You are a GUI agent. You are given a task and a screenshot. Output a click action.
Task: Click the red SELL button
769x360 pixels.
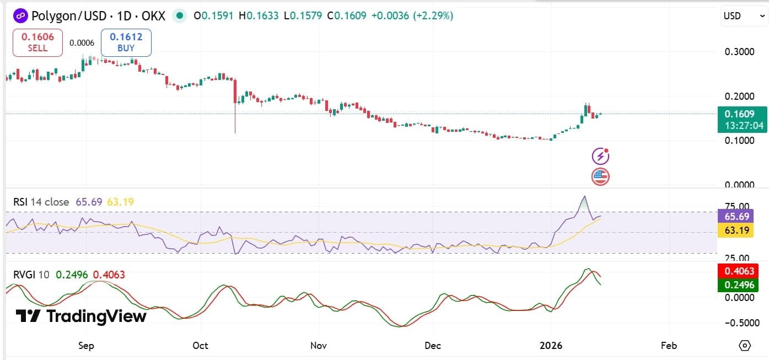pos(34,42)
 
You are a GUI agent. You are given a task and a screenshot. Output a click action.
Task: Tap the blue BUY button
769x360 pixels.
pos(126,42)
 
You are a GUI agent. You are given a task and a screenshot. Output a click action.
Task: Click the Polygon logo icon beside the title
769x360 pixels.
pos(20,15)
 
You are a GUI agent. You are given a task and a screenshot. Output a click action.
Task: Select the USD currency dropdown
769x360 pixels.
pos(743,16)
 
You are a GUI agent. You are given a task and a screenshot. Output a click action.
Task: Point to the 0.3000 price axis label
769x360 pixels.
pos(739,52)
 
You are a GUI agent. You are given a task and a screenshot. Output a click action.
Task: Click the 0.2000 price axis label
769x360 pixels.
pos(739,96)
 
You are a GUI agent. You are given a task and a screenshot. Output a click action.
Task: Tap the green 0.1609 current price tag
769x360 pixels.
pos(743,119)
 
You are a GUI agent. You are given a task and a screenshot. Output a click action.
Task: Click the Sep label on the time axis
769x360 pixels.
pos(87,346)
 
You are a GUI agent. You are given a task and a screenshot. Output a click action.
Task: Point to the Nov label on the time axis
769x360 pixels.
pos(319,346)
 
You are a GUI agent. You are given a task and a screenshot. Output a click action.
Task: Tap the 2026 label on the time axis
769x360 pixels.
pos(551,346)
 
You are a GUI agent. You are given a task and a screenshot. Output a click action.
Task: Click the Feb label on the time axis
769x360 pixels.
pos(668,346)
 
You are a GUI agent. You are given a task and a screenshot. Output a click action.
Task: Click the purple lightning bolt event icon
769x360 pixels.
pos(600,157)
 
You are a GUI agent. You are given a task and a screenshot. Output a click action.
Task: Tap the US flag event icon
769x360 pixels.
pos(600,177)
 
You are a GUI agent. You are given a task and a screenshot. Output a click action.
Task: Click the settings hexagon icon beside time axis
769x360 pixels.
pos(745,346)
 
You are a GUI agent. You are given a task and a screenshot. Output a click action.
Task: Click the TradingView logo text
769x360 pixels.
pos(81,316)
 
